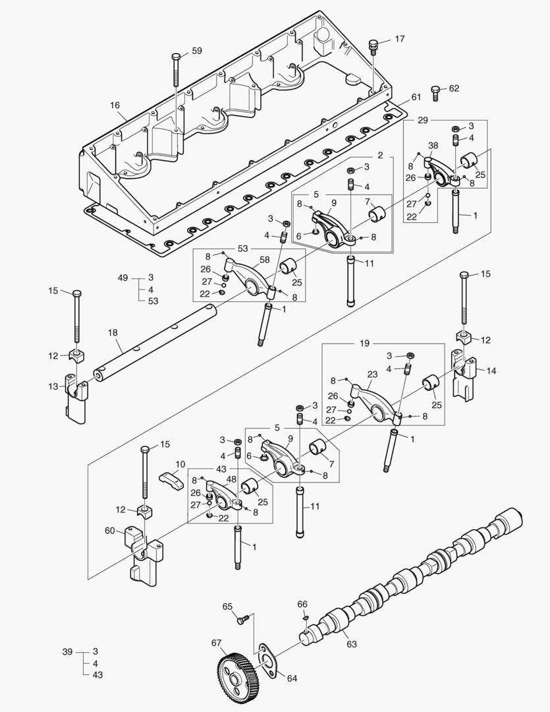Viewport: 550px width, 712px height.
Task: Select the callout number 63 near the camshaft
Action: (351, 643)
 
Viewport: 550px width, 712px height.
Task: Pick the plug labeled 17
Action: (373, 45)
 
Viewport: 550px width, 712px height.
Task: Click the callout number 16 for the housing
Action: (115, 105)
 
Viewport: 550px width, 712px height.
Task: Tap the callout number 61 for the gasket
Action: (416, 98)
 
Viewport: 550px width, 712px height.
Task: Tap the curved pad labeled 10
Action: (173, 479)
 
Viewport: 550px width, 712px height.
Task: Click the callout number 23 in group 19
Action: (372, 374)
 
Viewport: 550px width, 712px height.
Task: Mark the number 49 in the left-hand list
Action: (123, 278)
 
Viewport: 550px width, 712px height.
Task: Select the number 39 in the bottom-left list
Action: (67, 651)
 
